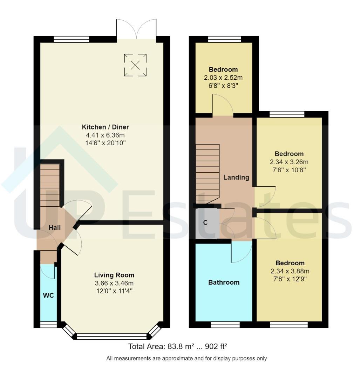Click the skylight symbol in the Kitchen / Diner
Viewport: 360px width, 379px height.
pyautogui.click(x=135, y=65)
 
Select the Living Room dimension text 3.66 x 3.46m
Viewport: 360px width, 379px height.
pyautogui.click(x=114, y=283)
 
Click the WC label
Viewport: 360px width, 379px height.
pyautogui.click(x=48, y=295)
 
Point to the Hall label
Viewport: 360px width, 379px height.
pyautogui.click(x=55, y=227)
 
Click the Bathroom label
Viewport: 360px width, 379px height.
pyautogui.click(x=224, y=282)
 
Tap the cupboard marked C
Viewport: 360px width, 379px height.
pyautogui.click(x=205, y=222)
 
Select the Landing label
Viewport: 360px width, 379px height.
pyautogui.click(x=236, y=177)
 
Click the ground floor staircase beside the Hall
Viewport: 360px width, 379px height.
pyautogui.click(x=50, y=184)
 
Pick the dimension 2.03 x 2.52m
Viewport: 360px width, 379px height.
pyautogui.click(x=223, y=78)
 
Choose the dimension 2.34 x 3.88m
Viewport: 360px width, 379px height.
pyautogui.click(x=290, y=271)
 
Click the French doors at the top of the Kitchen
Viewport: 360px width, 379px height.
pyautogui.click(x=136, y=27)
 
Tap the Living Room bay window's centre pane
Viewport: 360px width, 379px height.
pyautogui.click(x=111, y=337)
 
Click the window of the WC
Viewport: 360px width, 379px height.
pyautogui.click(x=48, y=325)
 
